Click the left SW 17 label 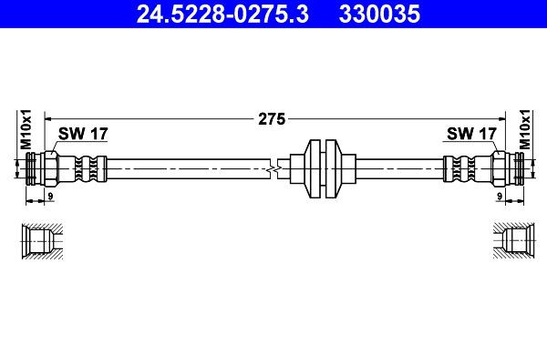click(83, 134)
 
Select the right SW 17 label click(471, 134)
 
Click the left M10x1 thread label click(26, 130)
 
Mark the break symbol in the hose click(273, 168)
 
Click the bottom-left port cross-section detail click(41, 240)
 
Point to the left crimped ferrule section click(88, 168)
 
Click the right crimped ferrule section click(459, 168)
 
